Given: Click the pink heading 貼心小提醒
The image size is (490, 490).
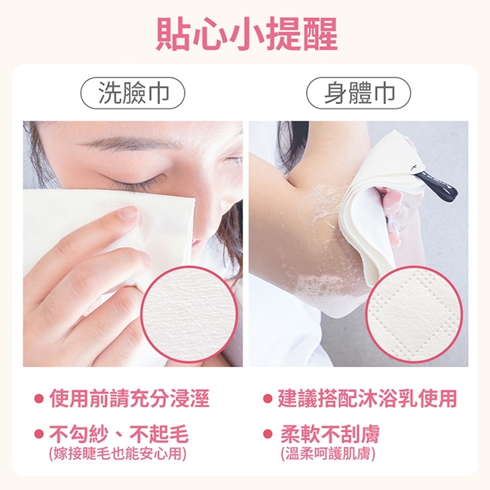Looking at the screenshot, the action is (x=247, y=34).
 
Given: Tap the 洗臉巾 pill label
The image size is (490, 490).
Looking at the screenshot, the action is (x=133, y=93).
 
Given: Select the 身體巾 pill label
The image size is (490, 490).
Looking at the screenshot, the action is (x=358, y=93).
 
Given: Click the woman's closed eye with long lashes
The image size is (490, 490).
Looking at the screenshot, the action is (x=134, y=181).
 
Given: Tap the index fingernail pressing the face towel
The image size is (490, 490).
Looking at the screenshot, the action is (x=128, y=214).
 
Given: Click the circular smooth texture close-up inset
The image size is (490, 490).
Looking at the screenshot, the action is (x=189, y=314).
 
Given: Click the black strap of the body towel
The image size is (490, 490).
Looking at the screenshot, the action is (x=437, y=185).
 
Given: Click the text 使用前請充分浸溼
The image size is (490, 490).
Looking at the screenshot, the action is (x=129, y=399).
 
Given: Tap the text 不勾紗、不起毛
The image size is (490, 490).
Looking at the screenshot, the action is (x=119, y=434).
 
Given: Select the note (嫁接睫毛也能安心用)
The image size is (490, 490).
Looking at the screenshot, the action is (x=118, y=454).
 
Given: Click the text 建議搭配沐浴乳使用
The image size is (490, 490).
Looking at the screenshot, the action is (x=368, y=399).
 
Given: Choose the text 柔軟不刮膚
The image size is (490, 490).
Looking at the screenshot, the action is (x=329, y=434).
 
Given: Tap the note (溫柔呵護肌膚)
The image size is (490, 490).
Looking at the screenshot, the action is (x=328, y=454).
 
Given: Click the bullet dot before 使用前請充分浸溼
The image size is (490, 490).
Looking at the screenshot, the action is (x=38, y=399).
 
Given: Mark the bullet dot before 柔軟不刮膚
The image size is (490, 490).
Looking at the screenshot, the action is (x=268, y=434).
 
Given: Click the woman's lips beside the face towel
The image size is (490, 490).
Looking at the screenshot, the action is (x=197, y=243).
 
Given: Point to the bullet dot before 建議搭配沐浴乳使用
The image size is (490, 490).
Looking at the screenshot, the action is (x=268, y=399).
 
